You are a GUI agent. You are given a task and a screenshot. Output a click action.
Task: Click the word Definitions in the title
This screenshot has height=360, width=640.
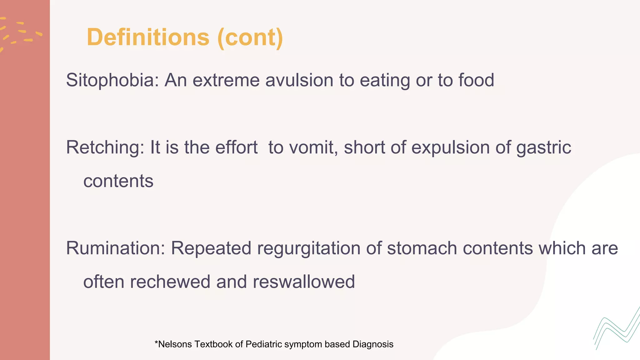(148, 37)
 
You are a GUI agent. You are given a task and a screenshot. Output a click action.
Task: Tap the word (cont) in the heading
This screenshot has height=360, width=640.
(250, 38)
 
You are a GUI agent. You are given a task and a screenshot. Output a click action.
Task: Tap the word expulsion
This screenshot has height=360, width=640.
(450, 147)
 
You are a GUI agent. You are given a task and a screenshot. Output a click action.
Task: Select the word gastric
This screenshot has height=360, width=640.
(543, 147)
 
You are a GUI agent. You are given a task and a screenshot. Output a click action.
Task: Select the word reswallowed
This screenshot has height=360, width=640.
(303, 282)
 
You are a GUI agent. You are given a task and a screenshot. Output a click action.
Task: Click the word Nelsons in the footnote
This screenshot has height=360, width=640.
(175, 344)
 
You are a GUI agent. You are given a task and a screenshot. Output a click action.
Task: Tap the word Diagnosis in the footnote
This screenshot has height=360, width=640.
(373, 344)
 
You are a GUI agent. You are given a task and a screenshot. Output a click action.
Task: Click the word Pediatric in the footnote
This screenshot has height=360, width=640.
(263, 344)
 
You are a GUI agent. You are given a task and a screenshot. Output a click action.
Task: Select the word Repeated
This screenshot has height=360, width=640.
(211, 248)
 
